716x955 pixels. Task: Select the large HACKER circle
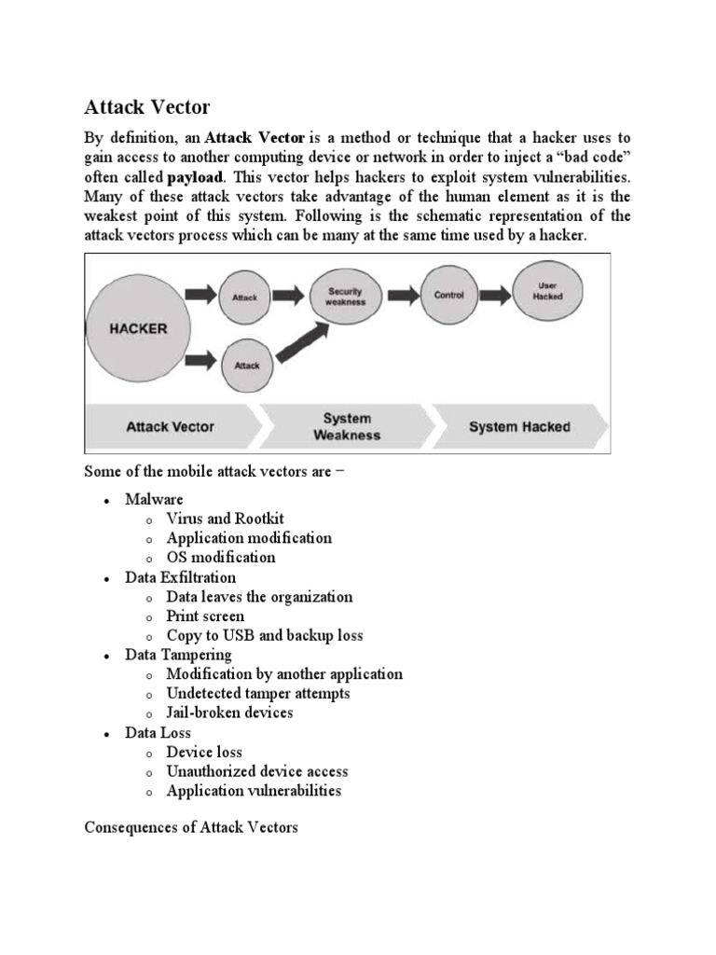[x=138, y=328]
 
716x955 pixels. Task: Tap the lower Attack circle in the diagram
[x=246, y=366]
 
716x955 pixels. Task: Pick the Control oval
[x=449, y=295]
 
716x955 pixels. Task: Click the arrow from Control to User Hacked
[x=498, y=296]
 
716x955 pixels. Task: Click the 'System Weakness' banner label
[x=347, y=426]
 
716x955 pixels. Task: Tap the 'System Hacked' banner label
[x=519, y=427]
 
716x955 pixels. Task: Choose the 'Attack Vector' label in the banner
[x=170, y=427]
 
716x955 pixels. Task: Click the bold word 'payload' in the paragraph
[x=196, y=176]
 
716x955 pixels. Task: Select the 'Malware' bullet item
[x=154, y=499]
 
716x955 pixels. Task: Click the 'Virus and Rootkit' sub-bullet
[x=225, y=519]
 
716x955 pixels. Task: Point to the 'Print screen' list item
[x=205, y=616]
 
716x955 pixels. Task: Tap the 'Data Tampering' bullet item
[x=178, y=655]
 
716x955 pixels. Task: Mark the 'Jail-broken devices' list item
[x=229, y=713]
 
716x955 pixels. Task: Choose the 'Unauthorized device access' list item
[x=256, y=771]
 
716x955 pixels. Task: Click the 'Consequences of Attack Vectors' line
[x=191, y=827]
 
